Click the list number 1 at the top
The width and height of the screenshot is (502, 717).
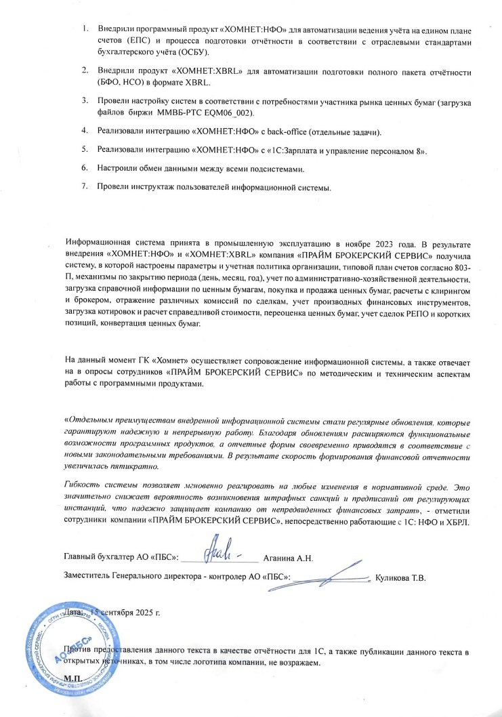click(x=85, y=30)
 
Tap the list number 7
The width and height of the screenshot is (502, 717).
click(x=85, y=186)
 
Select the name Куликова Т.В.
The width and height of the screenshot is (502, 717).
click(x=400, y=578)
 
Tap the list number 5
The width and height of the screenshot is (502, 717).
click(x=85, y=149)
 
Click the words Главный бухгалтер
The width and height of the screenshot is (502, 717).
click(x=100, y=558)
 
